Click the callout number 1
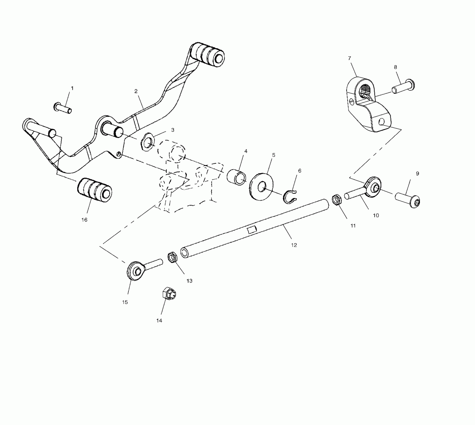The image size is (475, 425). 72,88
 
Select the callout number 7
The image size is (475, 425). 349,58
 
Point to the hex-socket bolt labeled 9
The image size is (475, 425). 407,199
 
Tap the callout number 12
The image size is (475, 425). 294,245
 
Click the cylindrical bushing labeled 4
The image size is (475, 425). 236,177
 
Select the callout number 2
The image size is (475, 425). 136,91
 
